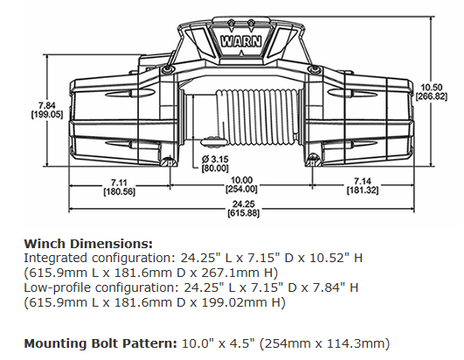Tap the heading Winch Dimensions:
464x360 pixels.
pos(88,243)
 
